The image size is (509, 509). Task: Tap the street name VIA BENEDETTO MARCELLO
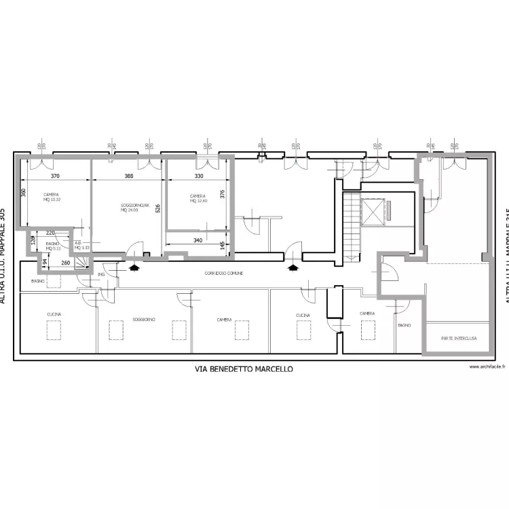tap(244, 369)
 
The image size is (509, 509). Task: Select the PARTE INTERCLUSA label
tap(458, 337)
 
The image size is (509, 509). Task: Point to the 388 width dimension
tap(128, 176)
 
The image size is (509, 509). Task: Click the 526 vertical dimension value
tap(157, 209)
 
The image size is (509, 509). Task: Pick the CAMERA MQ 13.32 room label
tap(52, 197)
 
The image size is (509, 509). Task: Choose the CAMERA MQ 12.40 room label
tap(197, 198)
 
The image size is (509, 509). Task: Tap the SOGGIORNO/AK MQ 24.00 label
tap(134, 208)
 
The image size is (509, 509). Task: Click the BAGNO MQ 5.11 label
tap(54, 246)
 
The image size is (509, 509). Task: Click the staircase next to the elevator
tap(351, 224)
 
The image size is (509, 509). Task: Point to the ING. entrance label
tap(101, 274)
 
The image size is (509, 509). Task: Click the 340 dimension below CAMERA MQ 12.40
tap(197, 240)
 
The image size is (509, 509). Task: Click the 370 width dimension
tap(55, 176)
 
